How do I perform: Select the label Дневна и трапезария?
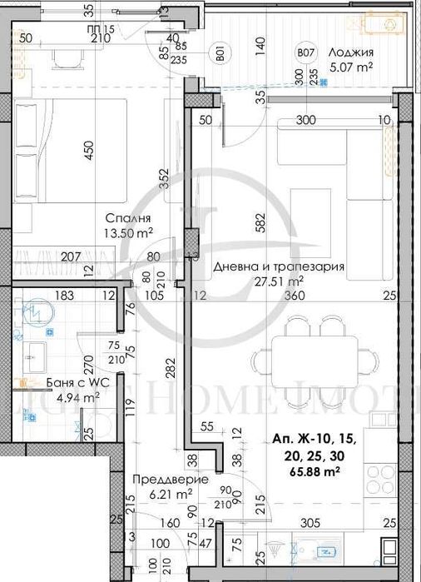coord(267,267)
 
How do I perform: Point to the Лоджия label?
coord(349,52)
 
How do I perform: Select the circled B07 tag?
coord(305,56)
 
